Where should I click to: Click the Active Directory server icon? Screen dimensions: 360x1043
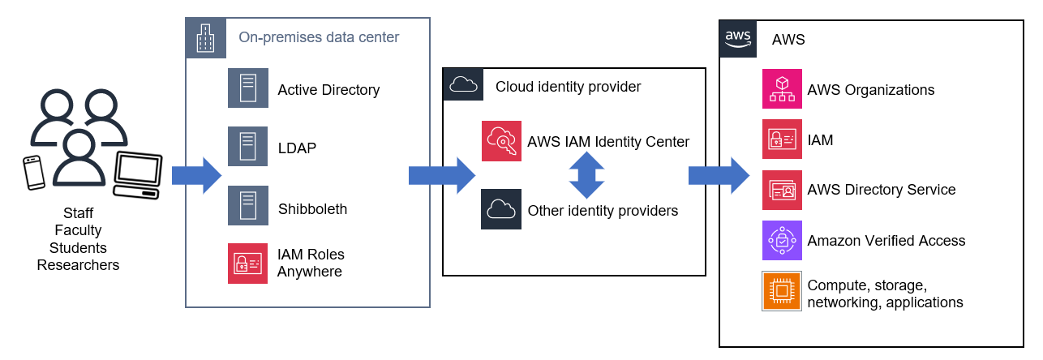(247, 89)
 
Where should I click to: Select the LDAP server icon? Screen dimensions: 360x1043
(247, 148)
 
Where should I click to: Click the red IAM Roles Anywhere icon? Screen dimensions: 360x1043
(247, 264)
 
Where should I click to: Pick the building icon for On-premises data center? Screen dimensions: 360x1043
(206, 38)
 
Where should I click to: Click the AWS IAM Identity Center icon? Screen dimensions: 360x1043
(501, 141)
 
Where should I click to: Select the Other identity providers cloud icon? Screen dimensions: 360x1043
(501, 209)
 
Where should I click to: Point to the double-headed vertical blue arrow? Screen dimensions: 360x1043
(586, 175)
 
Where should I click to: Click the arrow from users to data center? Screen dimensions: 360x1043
(196, 175)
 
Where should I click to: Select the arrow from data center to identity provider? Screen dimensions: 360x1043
(441, 175)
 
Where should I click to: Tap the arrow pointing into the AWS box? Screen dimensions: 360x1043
(718, 175)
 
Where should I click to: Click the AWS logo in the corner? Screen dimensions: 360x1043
(738, 38)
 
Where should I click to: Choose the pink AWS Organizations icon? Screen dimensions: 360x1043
(782, 89)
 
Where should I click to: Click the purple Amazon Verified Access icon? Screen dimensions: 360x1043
(782, 240)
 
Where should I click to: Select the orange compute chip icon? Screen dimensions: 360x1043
(782, 291)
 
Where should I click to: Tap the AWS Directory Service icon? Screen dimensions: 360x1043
(782, 190)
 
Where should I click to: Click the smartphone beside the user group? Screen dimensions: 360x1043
(35, 172)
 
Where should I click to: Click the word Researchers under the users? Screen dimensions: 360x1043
(78, 265)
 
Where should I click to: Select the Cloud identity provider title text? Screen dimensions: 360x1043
(568, 87)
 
